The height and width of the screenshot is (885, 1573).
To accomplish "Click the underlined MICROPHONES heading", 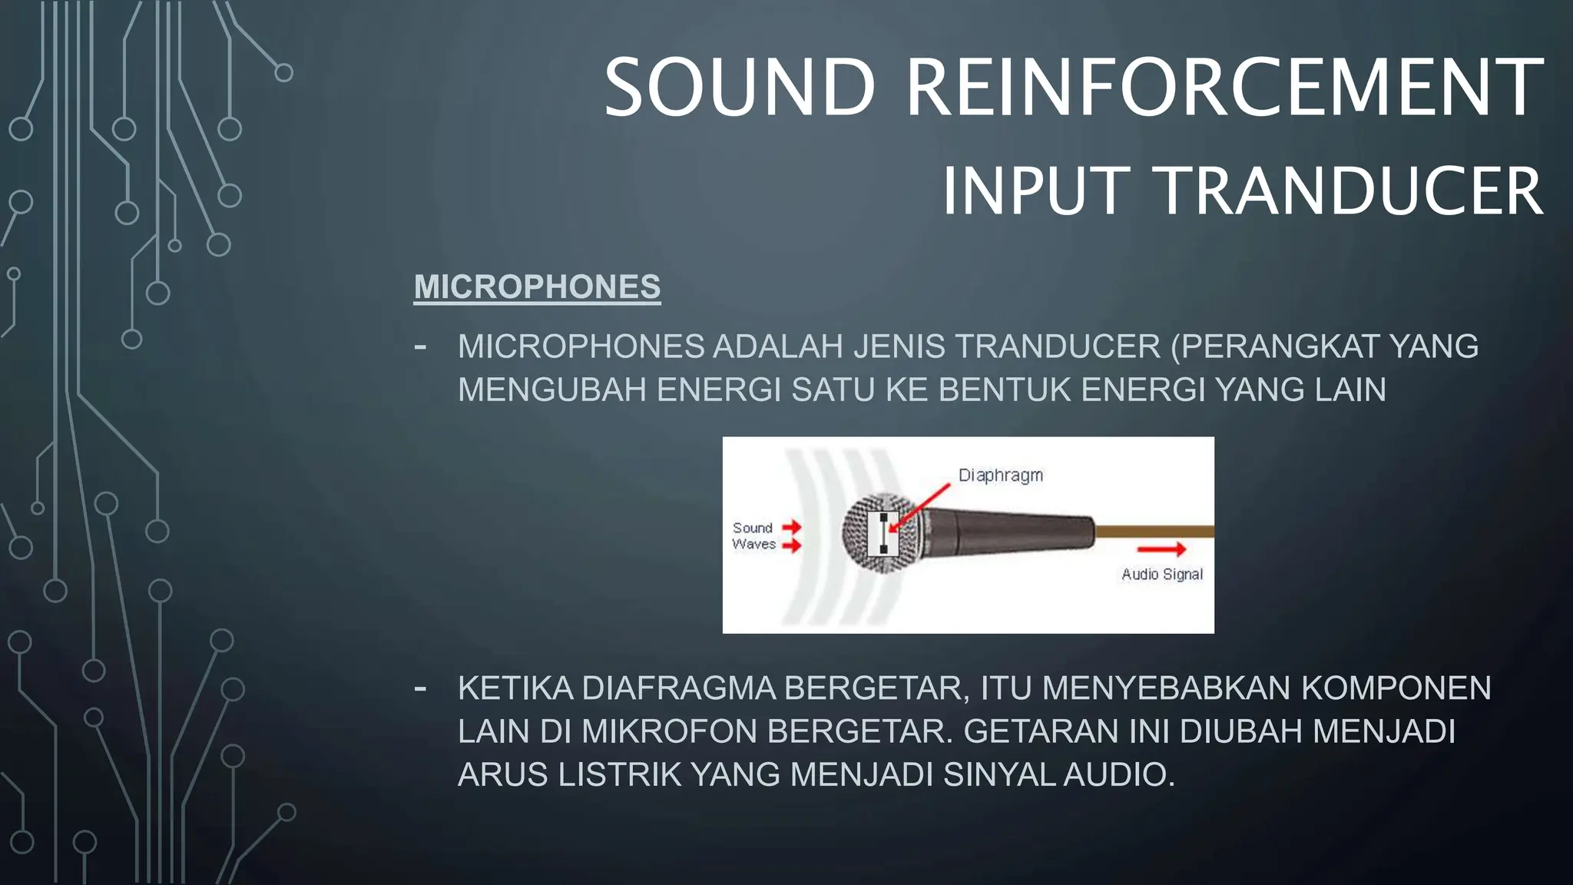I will click(x=537, y=287).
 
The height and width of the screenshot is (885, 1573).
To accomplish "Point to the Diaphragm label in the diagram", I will click(x=1000, y=476).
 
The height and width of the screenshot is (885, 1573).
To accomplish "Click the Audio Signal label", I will click(x=1161, y=575).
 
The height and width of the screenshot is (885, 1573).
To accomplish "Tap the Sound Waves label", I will click(x=753, y=536).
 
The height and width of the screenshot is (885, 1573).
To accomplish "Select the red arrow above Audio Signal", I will click(x=1161, y=549).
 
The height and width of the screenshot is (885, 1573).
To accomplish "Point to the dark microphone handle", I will click(x=1014, y=531).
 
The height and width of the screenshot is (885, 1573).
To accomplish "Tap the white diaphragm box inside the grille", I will click(x=883, y=533).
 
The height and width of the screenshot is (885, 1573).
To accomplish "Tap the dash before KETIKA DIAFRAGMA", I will click(x=420, y=688).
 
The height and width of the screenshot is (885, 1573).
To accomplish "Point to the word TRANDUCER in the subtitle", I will click(x=1349, y=191).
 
